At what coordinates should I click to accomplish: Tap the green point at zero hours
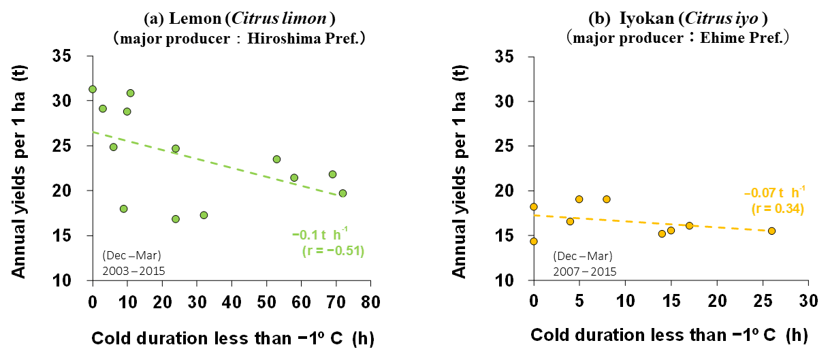pyautogui.click(x=93, y=89)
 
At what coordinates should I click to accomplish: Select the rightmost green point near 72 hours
pyautogui.click(x=342, y=193)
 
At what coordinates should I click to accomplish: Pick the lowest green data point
pyautogui.click(x=176, y=219)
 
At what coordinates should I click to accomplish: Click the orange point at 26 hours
pyautogui.click(x=771, y=231)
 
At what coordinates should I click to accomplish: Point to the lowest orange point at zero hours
pyautogui.click(x=534, y=242)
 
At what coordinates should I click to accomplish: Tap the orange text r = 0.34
pyautogui.click(x=778, y=208)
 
